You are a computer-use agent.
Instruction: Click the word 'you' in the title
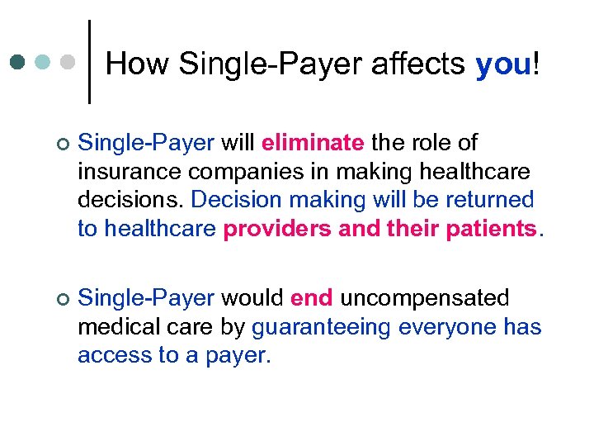point(503,64)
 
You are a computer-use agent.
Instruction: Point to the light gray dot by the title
point(69,62)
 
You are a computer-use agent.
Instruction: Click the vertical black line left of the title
point(89,62)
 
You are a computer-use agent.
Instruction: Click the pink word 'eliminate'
point(313,143)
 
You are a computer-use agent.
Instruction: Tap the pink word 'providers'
point(277,229)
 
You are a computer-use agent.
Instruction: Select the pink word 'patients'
point(490,229)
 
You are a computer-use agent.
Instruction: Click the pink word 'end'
point(312,297)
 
